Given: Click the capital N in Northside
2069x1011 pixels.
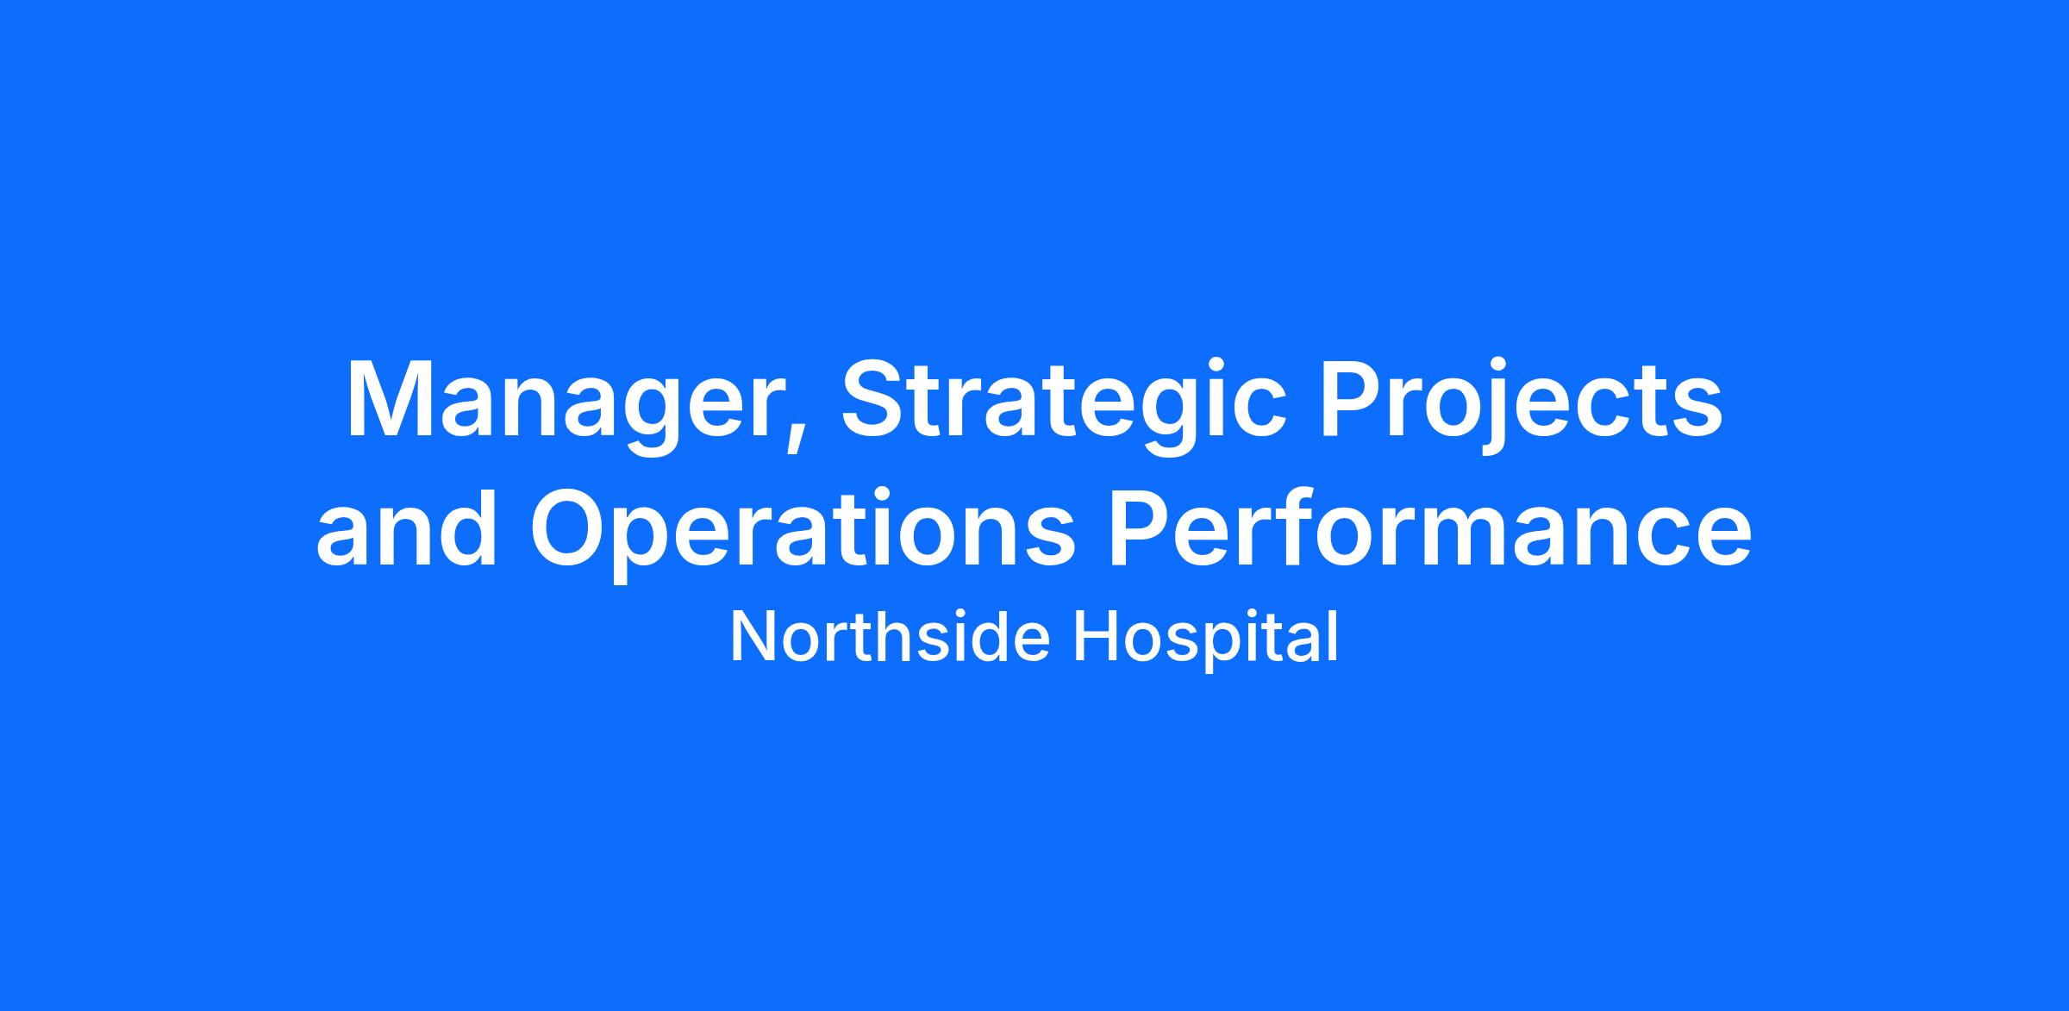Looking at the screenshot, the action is tap(754, 637).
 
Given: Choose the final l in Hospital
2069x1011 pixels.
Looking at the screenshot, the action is tap(1334, 636).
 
